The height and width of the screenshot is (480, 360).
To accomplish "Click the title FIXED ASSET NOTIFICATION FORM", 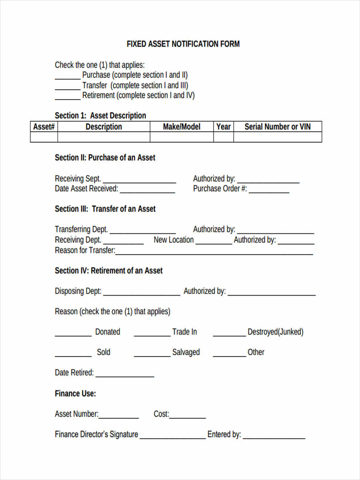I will (183, 44).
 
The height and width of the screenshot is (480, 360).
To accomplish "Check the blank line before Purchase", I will (68, 77).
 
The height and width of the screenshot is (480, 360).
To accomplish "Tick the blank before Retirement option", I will (68, 98).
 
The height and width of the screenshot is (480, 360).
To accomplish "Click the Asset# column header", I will (44, 127).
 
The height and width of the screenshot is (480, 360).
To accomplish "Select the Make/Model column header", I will (182, 127).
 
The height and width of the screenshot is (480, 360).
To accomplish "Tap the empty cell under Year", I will (223, 137).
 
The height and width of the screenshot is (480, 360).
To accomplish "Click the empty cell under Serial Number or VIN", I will (278, 137).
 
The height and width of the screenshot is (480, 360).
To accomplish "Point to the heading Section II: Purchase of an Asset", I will (105, 158).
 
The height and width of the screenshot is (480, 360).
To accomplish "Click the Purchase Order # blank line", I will (269, 191).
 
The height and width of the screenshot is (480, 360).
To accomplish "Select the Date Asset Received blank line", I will (147, 191).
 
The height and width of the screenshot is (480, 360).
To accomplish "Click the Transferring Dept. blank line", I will (143, 232).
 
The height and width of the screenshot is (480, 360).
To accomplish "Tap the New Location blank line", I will (214, 242).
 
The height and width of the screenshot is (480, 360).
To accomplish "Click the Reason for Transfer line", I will (214, 253).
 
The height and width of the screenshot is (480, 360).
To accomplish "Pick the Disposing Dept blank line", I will (142, 294).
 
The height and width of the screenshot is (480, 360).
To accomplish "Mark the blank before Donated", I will (73, 334).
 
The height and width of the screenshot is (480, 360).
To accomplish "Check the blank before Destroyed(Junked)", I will (229, 334).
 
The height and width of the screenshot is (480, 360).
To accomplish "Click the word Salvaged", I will (186, 352).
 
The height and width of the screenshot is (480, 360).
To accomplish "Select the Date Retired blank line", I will (125, 375).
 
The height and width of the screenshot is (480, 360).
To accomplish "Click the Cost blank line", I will (187, 416).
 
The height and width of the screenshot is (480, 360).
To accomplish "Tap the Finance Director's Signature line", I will (172, 437).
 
